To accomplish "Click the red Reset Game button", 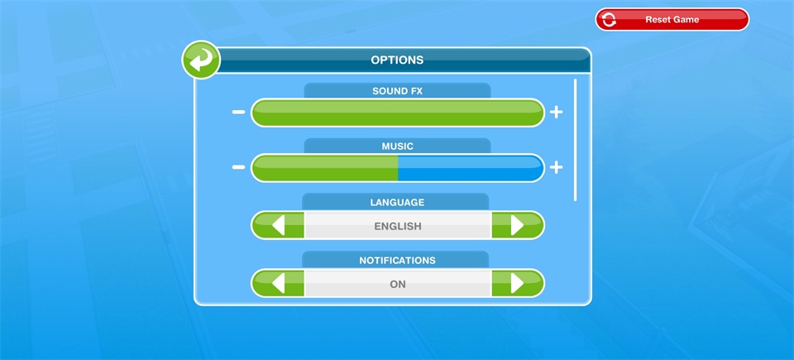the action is pyautogui.click(x=672, y=19).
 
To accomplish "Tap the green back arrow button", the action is pyautogui.click(x=201, y=60).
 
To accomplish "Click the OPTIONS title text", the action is pyautogui.click(x=397, y=60).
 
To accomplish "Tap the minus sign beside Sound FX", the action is pyautogui.click(x=238, y=112).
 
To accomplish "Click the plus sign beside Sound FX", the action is pyautogui.click(x=557, y=112).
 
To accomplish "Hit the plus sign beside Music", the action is pyautogui.click(x=557, y=167).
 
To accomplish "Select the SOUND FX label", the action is pyautogui.click(x=398, y=91).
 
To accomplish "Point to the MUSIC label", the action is pyautogui.click(x=398, y=146).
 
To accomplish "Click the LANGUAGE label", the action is pyautogui.click(x=397, y=202).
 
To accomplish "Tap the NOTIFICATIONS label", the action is pyautogui.click(x=398, y=260).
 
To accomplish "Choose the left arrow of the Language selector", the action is pyautogui.click(x=278, y=225).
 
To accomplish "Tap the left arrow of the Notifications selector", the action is pyautogui.click(x=278, y=283).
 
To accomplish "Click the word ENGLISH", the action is pyautogui.click(x=398, y=226).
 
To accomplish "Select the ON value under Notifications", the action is pyautogui.click(x=398, y=285).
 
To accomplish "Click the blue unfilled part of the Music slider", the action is pyautogui.click(x=471, y=168).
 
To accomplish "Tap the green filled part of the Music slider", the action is pyautogui.click(x=324, y=168).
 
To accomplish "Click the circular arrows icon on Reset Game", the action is pyautogui.click(x=610, y=19).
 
